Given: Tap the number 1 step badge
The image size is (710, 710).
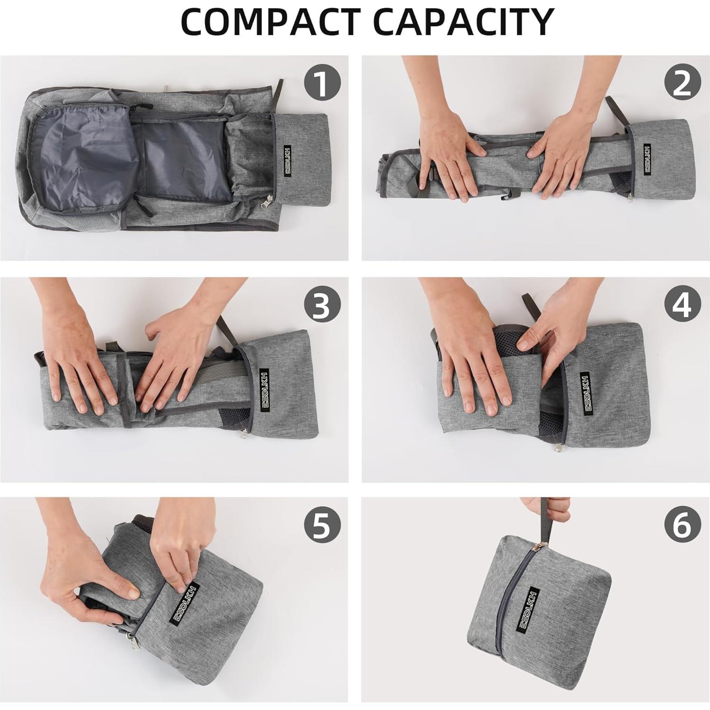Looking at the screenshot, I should [322, 83].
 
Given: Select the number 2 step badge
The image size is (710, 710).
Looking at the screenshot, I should [682, 83].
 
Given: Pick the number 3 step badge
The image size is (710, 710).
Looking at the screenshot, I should [322, 305].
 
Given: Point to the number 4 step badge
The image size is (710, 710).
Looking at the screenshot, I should [682, 305].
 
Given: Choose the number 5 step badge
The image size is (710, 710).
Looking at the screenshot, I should [322, 524].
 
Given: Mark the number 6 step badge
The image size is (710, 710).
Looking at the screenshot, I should [682, 524].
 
